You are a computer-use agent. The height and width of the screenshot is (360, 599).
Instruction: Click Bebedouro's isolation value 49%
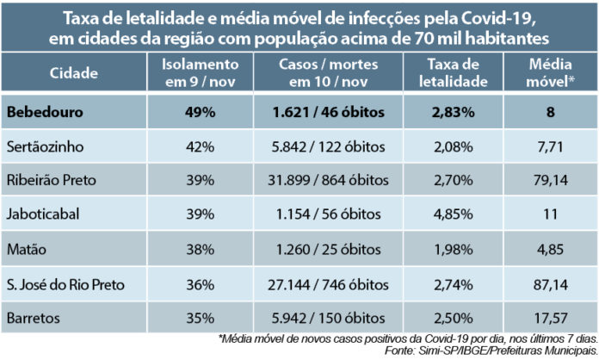pyautogui.click(x=199, y=112)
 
